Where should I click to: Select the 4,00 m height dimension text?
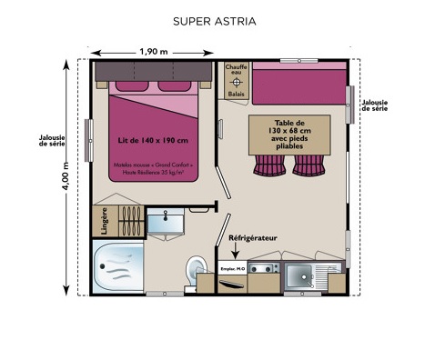coord(65,176)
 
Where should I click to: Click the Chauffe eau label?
coord(236,71)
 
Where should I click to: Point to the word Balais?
coord(236,93)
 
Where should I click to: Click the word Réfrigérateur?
coord(252,238)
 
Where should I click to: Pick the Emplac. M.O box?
coord(234,270)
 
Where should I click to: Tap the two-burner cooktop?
coord(264,270)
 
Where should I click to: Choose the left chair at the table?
coord(271,165)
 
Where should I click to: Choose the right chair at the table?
coord(307,165)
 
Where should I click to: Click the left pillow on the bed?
coord(128,87)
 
